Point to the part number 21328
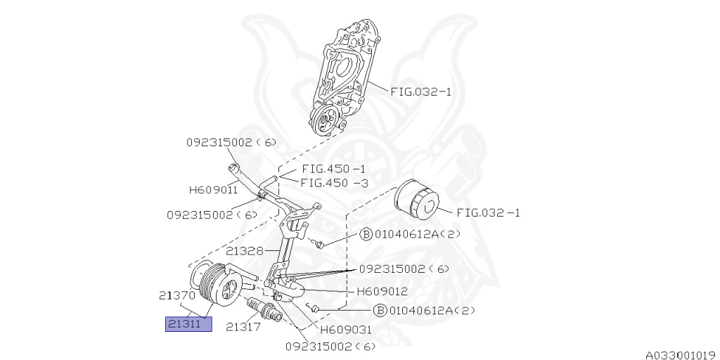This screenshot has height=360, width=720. (245, 250)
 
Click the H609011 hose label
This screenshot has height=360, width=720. (212, 189)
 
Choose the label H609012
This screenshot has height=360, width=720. (382, 290)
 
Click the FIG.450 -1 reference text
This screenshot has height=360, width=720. (333, 169)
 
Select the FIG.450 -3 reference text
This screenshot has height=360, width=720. (333, 182)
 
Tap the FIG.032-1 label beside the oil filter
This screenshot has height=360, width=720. (488, 212)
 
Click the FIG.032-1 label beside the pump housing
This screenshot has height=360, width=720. (421, 91)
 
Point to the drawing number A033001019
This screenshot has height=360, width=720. (681, 354)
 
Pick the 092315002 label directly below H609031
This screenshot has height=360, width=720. (330, 346)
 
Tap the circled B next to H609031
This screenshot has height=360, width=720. (380, 310)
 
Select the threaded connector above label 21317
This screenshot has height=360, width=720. (264, 309)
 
